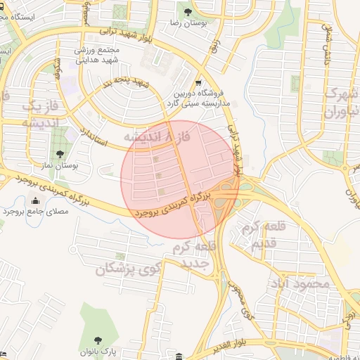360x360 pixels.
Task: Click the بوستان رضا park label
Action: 187,23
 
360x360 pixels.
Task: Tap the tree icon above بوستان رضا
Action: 187,12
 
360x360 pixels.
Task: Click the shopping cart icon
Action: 200,82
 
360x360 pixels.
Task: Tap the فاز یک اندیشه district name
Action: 29,113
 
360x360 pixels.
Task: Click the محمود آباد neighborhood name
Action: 303,283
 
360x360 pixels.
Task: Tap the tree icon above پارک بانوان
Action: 98,340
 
